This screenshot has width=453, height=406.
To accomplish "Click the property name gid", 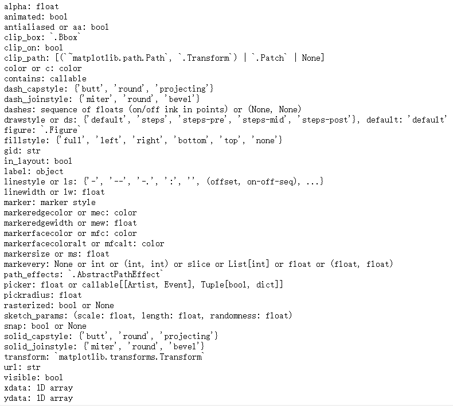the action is [10, 151].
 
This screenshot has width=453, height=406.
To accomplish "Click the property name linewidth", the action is [24, 192].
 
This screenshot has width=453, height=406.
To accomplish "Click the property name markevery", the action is [24, 264].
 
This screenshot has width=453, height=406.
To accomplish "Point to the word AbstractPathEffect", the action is [115, 274].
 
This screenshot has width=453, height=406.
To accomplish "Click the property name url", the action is [10, 367].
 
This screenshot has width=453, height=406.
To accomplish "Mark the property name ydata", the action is [15, 398].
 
